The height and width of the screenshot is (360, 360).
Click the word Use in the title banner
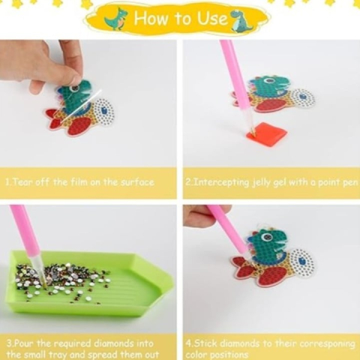click(212, 18)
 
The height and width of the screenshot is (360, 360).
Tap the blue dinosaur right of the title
click(241, 21)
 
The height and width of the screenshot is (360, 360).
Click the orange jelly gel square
click(266, 131)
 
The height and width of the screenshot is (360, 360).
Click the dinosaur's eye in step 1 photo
click(74, 88)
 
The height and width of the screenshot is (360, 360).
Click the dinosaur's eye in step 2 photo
click(268, 81)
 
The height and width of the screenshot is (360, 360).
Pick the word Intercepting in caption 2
click(222, 182)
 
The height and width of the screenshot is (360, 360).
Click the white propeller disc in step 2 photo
click(302, 98)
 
